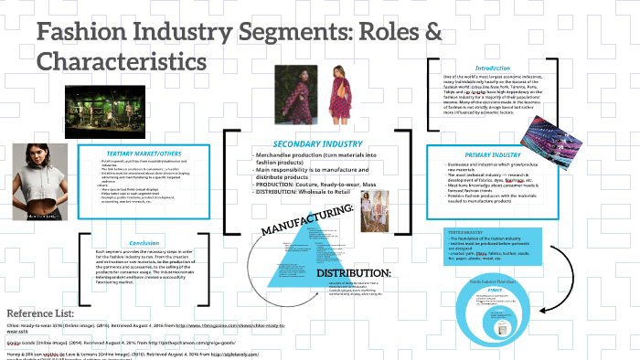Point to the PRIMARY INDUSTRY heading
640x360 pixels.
click(x=487, y=154)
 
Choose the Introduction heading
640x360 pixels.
click(x=487, y=67)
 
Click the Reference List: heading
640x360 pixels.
click(x=43, y=312)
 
